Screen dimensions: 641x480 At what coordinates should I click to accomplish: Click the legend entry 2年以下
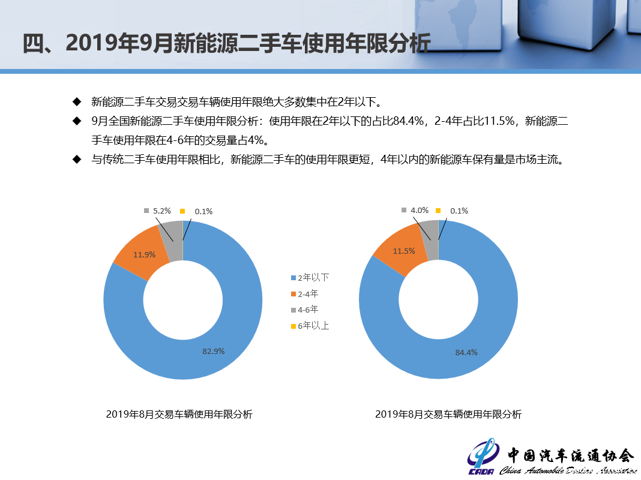click(x=310, y=278)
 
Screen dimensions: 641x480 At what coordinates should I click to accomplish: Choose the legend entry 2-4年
click(x=304, y=294)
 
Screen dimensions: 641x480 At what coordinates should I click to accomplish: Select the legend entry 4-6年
click(x=304, y=310)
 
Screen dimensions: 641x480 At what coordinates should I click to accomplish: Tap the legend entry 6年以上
click(x=310, y=326)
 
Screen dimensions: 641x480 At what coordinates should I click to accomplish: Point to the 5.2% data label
click(x=162, y=211)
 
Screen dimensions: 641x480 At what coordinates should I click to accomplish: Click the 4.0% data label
click(x=420, y=211)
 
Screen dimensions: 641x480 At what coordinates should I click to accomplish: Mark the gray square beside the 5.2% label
click(x=146, y=211)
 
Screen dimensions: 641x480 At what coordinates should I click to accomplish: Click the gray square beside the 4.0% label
click(x=404, y=210)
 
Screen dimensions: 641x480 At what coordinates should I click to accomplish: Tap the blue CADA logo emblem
click(x=484, y=457)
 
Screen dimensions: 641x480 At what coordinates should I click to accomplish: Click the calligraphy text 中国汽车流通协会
click(x=571, y=455)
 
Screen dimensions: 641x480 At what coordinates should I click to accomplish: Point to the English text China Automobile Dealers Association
click(x=567, y=470)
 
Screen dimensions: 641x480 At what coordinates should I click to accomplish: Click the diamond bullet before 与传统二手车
click(x=77, y=160)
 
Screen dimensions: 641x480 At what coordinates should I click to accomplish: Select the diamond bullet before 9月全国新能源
click(x=77, y=121)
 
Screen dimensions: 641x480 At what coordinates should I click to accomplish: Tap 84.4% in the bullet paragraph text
click(x=408, y=121)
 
